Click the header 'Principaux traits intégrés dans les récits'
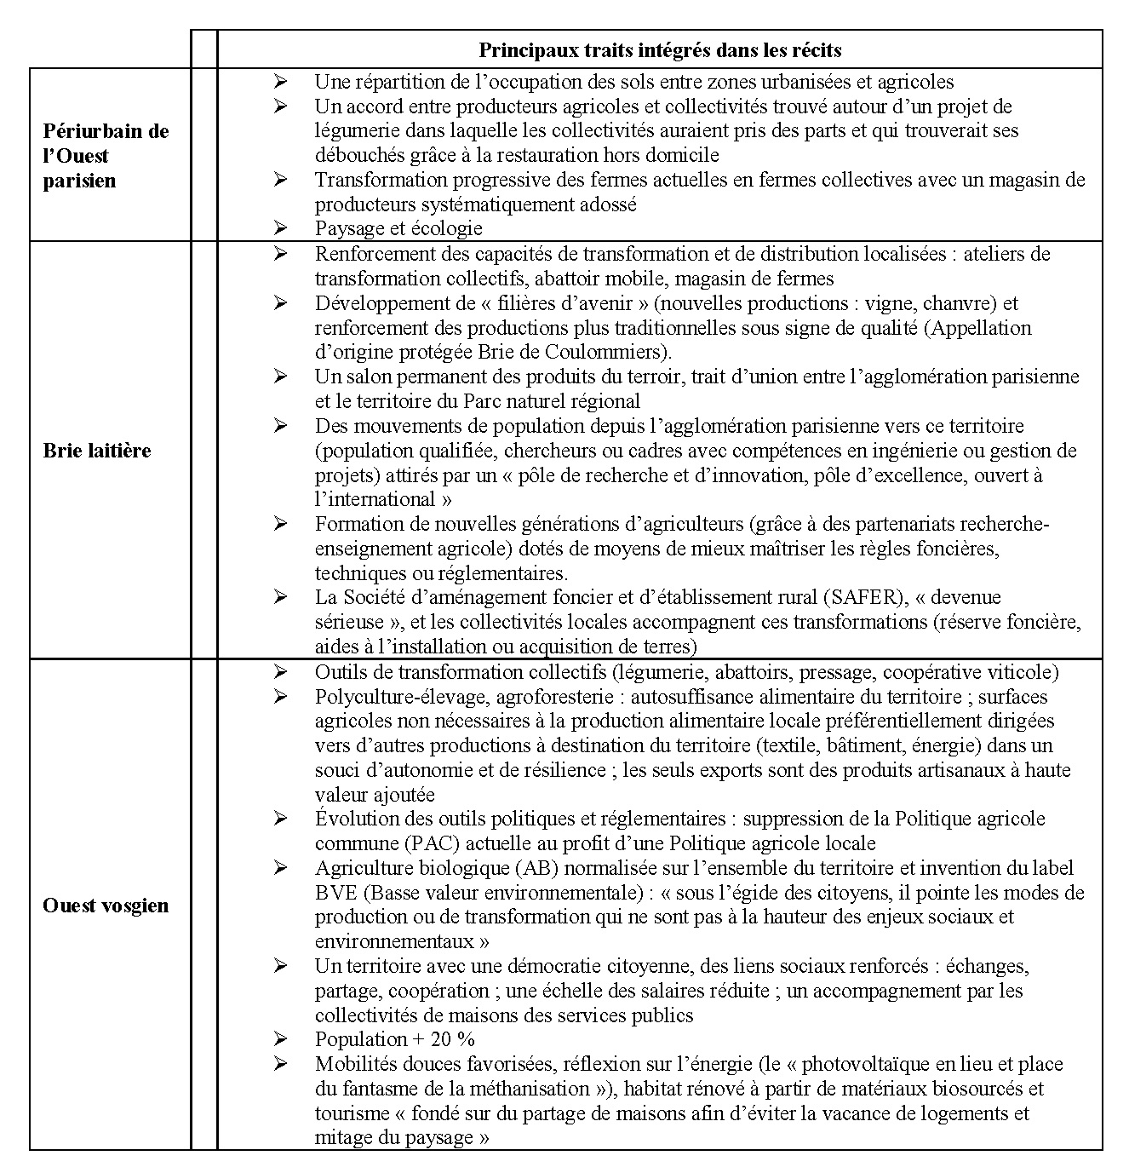pyautogui.click(x=660, y=50)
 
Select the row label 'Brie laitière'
pyautogui.click(x=96, y=451)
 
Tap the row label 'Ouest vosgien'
pyautogui.click(x=106, y=905)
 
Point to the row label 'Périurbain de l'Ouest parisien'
pyautogui.click(x=106, y=155)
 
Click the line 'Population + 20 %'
pyautogui.click(x=394, y=1039)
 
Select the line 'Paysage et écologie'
pyautogui.click(x=398, y=228)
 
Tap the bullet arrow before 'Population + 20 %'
pyautogui.click(x=281, y=1039)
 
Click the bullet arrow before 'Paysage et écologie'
pyautogui.click(x=281, y=228)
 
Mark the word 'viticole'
pyautogui.click(x=1023, y=672)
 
